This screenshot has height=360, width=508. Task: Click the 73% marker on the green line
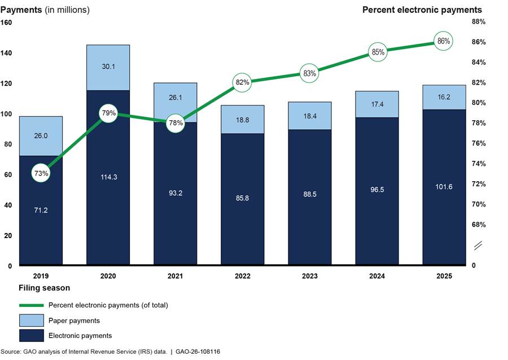click(41, 174)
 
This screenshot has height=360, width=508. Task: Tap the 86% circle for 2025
click(444, 41)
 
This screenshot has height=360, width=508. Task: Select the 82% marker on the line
click(242, 82)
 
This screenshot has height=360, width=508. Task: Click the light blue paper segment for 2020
click(108, 67)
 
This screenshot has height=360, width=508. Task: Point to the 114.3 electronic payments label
click(108, 177)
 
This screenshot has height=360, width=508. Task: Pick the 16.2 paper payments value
click(444, 96)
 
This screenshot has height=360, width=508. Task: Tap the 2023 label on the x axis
click(309, 276)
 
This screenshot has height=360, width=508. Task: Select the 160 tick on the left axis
click(7, 23)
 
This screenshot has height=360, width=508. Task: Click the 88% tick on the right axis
click(479, 23)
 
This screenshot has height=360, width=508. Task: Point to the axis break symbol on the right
click(478, 245)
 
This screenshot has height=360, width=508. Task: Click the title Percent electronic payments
click(422, 10)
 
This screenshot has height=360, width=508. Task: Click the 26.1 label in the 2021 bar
click(175, 97)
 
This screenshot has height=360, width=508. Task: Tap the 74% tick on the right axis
click(479, 164)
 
